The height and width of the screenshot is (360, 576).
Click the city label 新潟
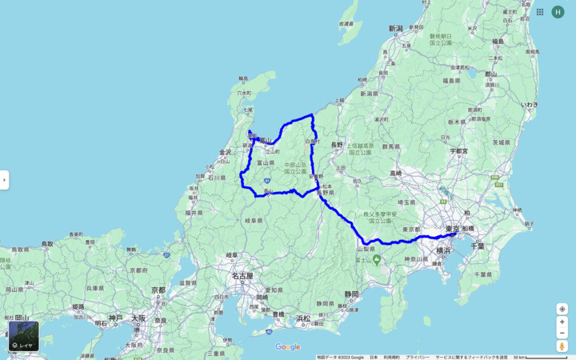(396, 29)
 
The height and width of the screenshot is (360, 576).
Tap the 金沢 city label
(225, 152)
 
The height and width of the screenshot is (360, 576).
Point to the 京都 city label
(158, 290)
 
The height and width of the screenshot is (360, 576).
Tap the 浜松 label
(302, 318)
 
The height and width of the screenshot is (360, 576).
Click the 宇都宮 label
(458, 150)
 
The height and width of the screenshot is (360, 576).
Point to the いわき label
(530, 105)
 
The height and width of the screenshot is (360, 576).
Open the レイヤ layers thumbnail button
(23, 336)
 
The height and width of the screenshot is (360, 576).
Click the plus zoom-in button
(562, 322)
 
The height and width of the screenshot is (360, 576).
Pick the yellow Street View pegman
(562, 346)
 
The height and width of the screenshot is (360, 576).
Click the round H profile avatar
(558, 12)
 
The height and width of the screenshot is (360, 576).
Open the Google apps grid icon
(540, 12)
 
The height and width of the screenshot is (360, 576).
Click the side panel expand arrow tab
(4, 180)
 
